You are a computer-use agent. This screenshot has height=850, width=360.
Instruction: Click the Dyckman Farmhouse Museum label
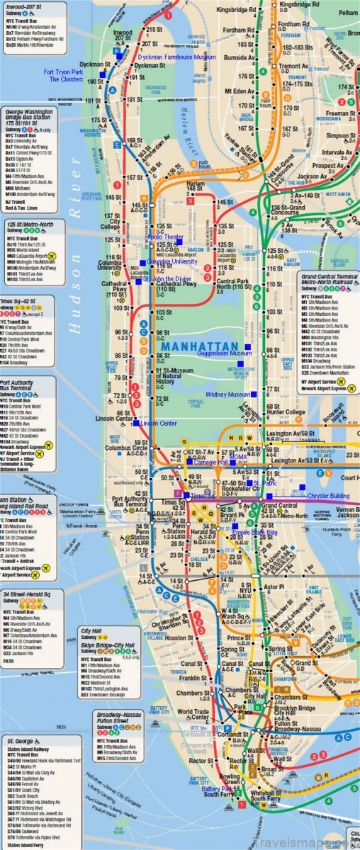pyautogui.click(x=177, y=57)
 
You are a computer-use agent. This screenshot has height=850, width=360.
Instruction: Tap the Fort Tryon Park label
pyautogui.click(x=63, y=72)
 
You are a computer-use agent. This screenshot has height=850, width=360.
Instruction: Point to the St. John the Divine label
pyautogui.click(x=167, y=279)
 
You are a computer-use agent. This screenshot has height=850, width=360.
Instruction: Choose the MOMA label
pyautogui.click(x=238, y=457)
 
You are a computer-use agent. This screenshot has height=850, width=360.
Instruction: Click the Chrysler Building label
pyautogui.click(x=328, y=496)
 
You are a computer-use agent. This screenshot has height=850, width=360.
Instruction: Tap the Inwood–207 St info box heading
pyautogui.click(x=24, y=8)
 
